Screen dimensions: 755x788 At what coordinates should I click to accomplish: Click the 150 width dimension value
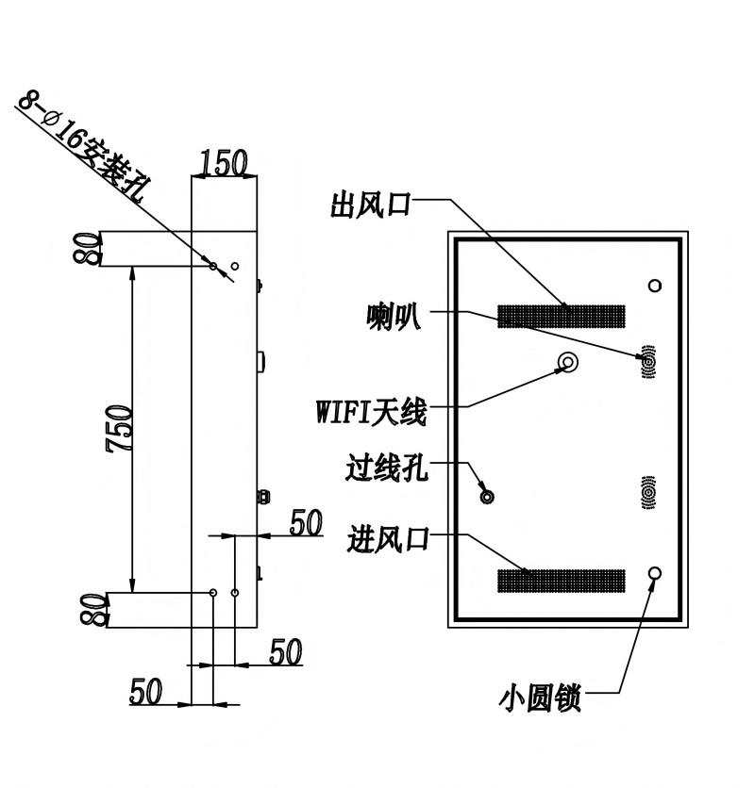(224, 162)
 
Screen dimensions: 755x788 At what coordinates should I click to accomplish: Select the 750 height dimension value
(119, 428)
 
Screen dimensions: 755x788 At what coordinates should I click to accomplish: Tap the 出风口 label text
(371, 205)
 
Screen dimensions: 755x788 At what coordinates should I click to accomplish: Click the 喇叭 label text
(394, 317)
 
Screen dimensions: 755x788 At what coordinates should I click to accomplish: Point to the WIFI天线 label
(372, 412)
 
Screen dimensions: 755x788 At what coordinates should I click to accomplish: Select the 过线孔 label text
(387, 468)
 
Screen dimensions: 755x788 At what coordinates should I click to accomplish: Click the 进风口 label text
(388, 539)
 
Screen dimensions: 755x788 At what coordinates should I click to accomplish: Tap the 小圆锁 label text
(540, 698)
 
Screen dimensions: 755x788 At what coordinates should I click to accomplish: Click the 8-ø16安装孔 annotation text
(84, 146)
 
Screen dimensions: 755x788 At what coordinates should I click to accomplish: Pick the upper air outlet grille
(562, 316)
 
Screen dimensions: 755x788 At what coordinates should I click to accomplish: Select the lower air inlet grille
(562, 581)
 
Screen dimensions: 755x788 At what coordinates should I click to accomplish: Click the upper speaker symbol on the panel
(648, 362)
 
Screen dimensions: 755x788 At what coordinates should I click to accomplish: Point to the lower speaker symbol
(648, 492)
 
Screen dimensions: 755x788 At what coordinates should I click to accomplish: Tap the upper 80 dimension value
(87, 248)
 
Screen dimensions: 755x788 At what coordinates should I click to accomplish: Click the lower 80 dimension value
(94, 610)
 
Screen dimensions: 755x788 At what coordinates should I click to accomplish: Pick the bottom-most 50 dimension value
(146, 692)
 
